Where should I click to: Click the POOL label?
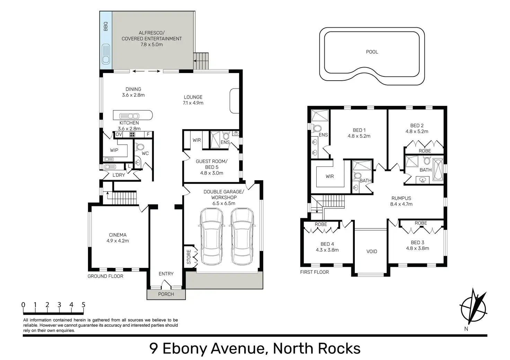pos(372,52)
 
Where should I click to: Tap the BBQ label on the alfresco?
pos(105,26)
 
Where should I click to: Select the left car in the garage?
pos(211,236)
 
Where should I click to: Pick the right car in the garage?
pos(242,236)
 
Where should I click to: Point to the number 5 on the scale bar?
pos(83,305)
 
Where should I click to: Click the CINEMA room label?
pos(118,235)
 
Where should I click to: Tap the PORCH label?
pos(166,294)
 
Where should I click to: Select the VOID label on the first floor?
pos(372,252)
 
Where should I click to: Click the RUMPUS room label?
pos(401,198)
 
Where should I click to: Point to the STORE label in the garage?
pos(189,257)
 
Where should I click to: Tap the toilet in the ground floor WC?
pos(139,147)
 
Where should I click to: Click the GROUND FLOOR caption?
pos(105,276)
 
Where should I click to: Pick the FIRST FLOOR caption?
pos(315,272)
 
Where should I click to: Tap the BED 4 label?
pos(327,244)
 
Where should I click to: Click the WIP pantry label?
pos(114,150)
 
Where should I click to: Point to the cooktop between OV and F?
pos(132,134)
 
